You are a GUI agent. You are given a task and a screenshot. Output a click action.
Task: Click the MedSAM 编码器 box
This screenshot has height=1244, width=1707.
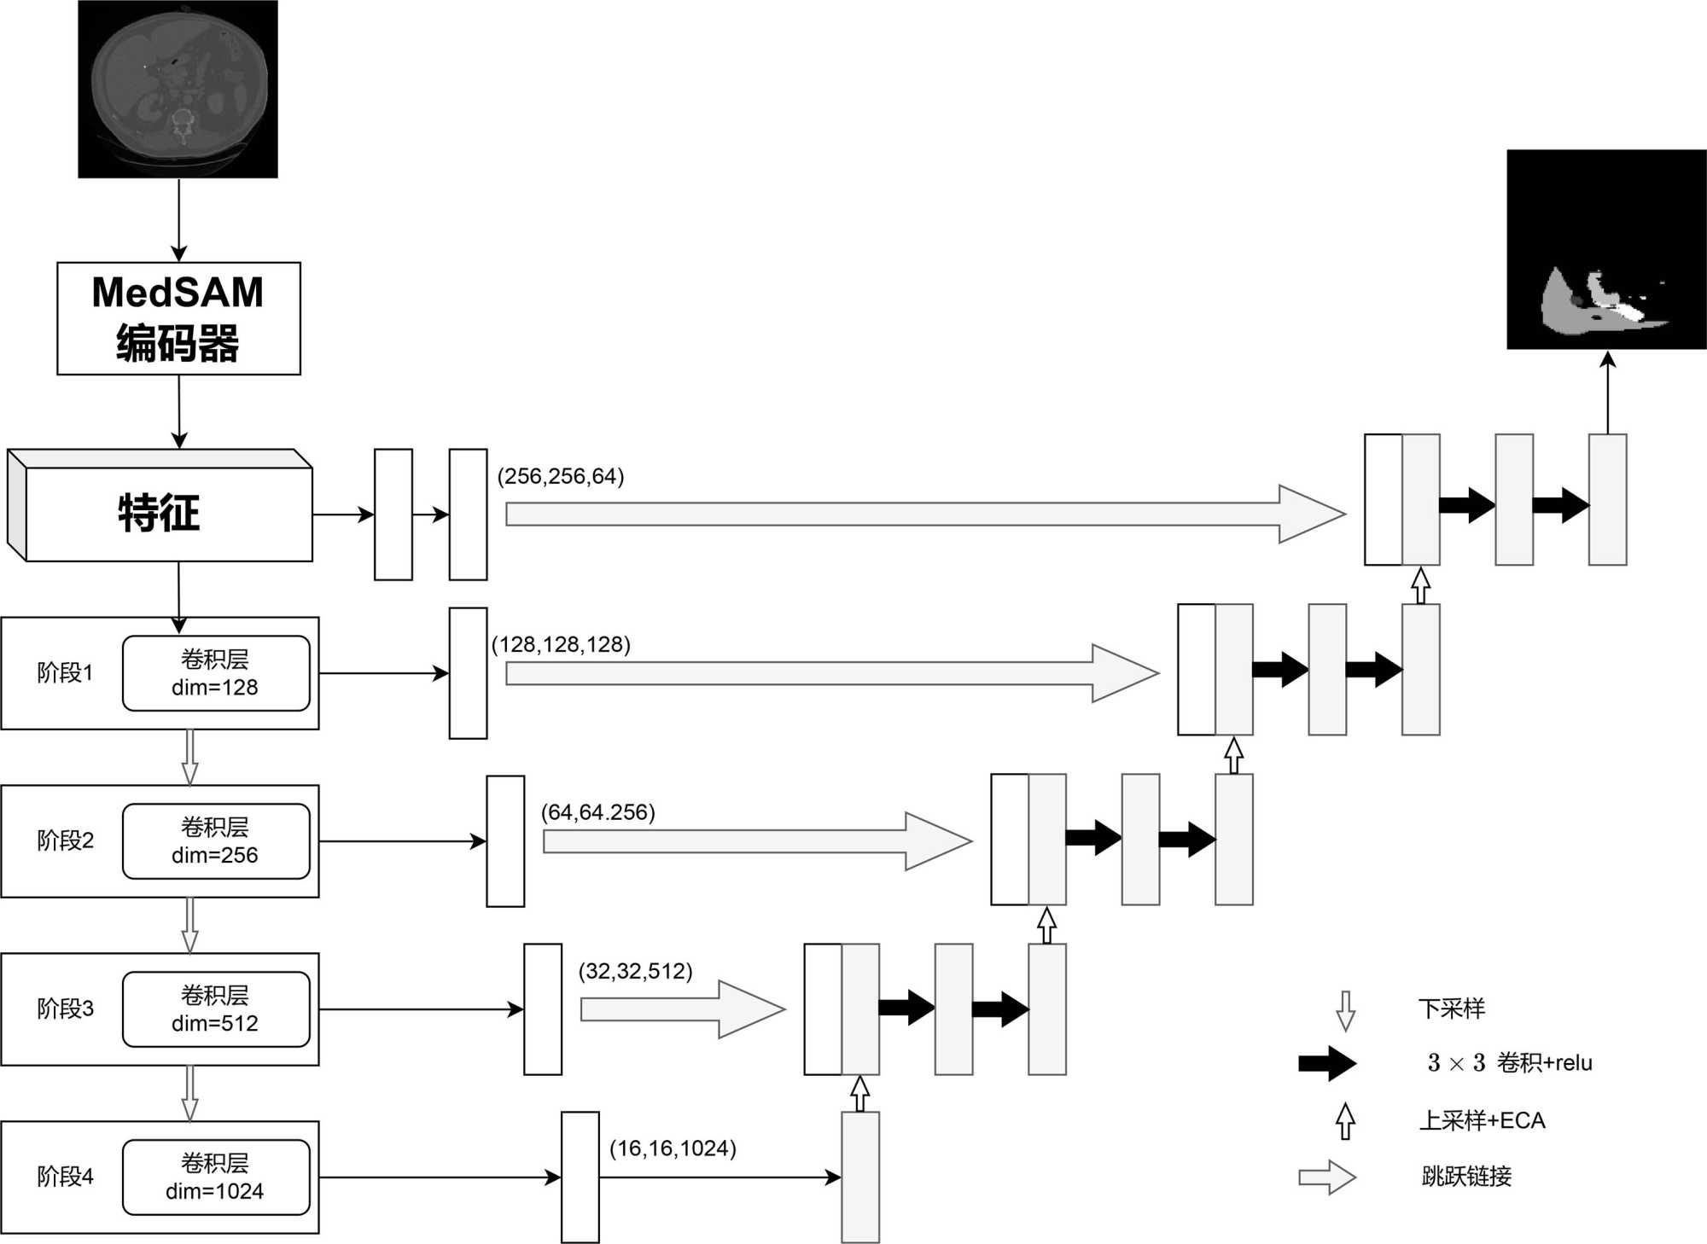178,318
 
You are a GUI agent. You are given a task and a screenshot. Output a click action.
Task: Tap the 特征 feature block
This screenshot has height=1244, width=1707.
160,512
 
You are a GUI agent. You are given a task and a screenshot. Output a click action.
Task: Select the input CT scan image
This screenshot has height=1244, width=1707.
178,89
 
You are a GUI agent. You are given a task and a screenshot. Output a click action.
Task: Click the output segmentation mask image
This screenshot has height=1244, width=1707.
1606,249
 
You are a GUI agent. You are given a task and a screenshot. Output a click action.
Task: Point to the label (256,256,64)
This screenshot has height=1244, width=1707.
561,476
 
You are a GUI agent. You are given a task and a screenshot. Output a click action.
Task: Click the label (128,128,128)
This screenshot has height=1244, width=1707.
561,644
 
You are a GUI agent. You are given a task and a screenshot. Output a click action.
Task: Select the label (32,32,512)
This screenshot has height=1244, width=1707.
635,971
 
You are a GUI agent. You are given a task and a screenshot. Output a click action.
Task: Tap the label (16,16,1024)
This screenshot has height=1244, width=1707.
673,1148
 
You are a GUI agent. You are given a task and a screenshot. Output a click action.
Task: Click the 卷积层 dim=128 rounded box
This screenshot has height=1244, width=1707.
216,673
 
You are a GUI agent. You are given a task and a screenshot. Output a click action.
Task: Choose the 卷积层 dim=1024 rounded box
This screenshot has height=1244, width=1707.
216,1177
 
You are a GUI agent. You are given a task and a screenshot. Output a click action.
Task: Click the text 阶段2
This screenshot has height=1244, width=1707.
65,840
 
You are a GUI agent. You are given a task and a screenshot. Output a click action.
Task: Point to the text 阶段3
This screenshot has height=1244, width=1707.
65,1009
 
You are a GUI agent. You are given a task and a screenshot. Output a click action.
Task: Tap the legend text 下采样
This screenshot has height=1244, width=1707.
1451,1009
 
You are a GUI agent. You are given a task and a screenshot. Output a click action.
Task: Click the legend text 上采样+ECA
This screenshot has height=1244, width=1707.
1482,1120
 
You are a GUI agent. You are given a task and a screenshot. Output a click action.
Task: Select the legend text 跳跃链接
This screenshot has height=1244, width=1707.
1466,1177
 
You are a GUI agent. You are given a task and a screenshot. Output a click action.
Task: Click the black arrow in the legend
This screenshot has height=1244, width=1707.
1327,1063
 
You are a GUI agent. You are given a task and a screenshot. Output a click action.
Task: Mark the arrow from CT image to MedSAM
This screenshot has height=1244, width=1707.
178,219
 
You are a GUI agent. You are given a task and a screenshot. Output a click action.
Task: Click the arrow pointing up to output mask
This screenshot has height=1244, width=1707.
1607,392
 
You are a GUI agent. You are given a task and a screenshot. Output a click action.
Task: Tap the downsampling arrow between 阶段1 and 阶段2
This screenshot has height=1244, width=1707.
190,757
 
